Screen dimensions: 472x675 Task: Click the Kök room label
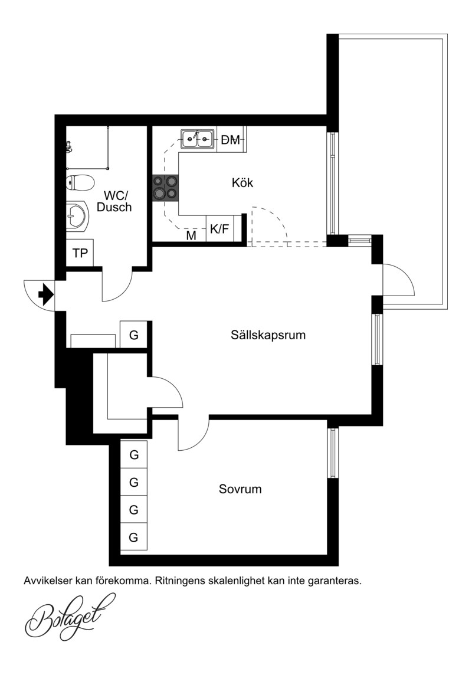coord(242,182)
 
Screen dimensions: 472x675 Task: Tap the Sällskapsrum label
coord(268,335)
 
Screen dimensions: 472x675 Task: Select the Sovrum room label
coord(240,489)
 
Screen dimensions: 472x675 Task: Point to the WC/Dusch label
coord(114,201)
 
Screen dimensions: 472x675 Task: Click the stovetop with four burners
coord(165,188)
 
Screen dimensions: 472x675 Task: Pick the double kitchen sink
coord(198,139)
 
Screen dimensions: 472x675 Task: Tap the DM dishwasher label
coord(231,140)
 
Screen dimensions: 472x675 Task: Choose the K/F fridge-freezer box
coord(219,228)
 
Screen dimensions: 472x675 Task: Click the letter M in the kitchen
coord(191,235)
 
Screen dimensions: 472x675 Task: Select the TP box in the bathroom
coord(80,253)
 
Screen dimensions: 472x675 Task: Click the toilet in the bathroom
coord(80,183)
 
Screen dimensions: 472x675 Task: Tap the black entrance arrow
coord(46,295)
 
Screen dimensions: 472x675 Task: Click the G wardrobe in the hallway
coord(134,335)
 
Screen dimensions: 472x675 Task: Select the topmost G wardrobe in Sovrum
coord(134,454)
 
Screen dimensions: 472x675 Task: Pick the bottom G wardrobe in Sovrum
coord(134,537)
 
